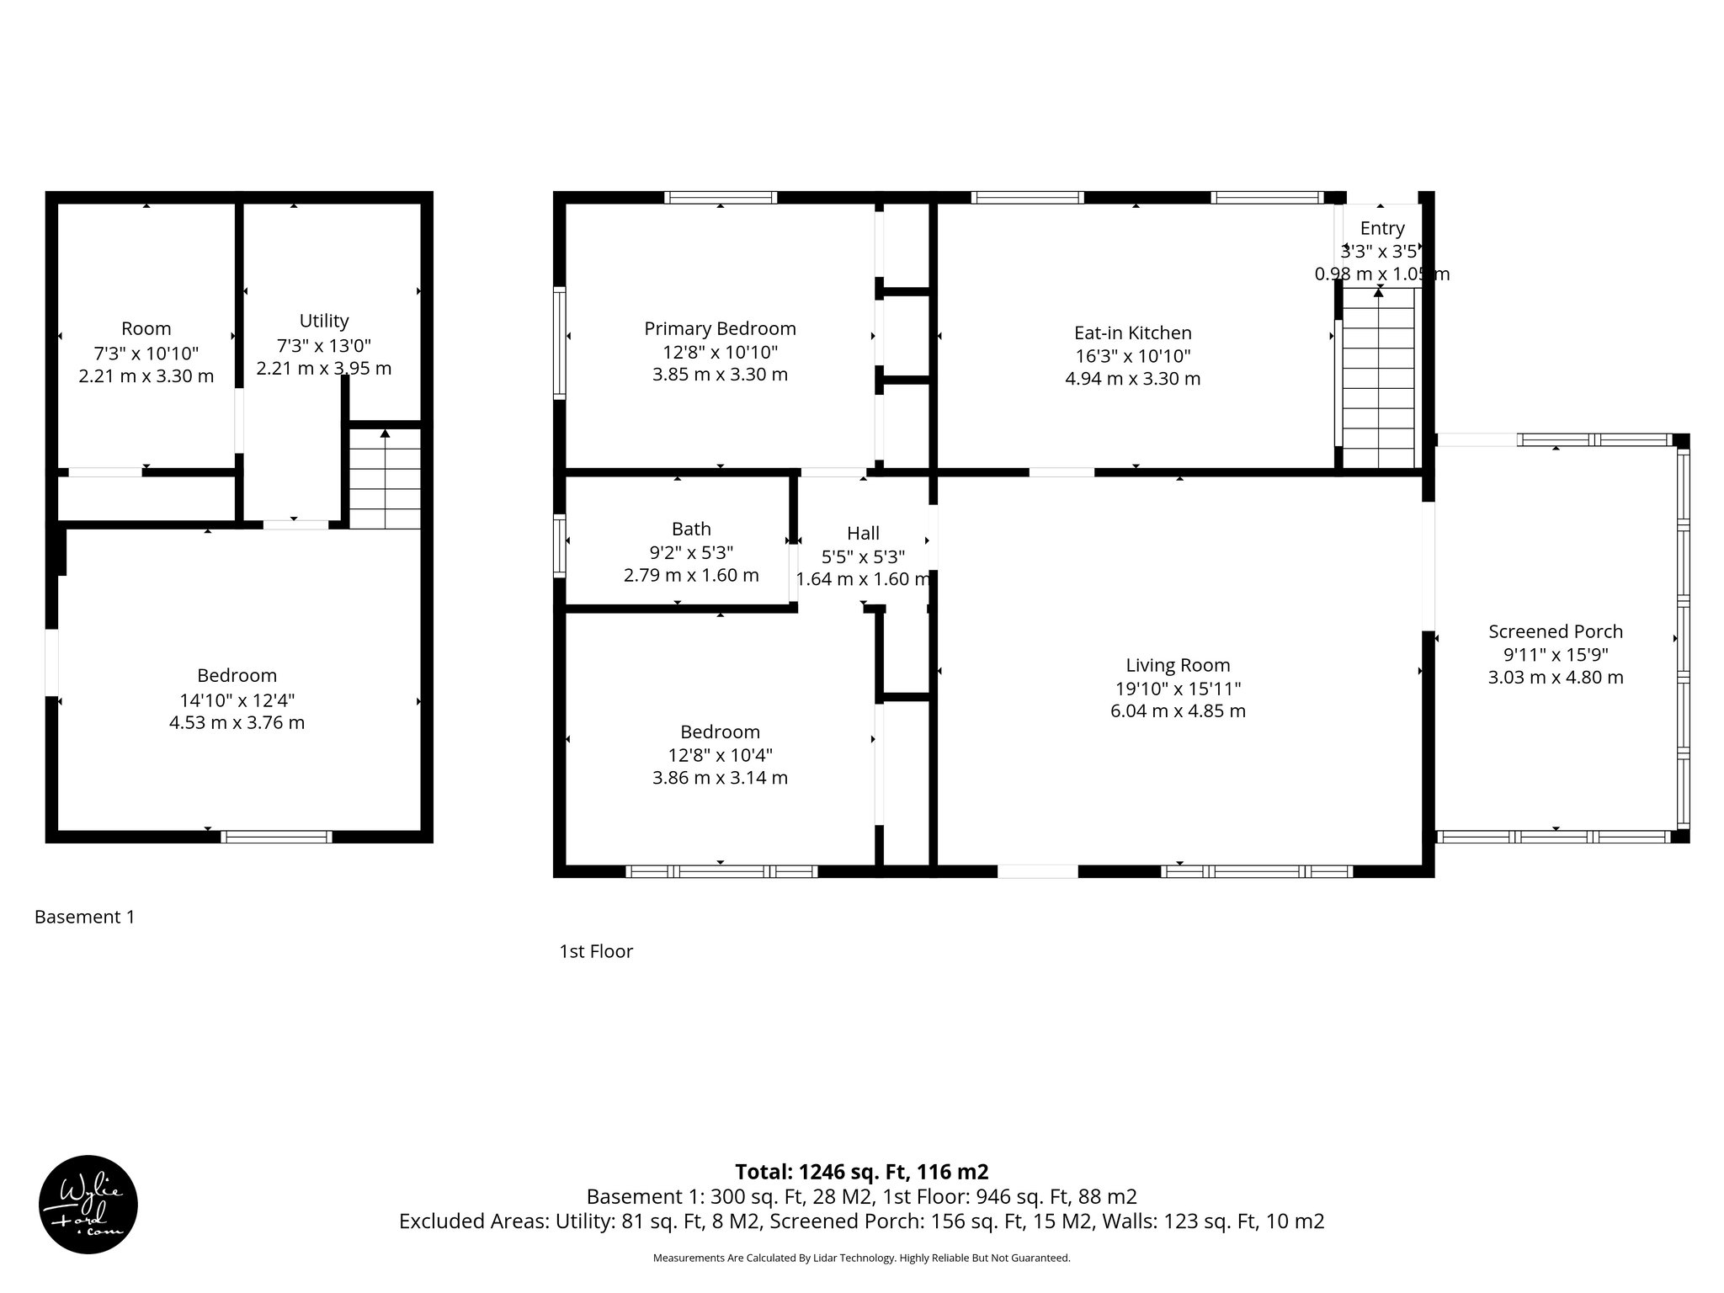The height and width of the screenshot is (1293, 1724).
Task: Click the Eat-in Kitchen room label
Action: coord(1132,333)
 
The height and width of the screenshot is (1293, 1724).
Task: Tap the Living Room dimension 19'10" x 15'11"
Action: coord(1178,689)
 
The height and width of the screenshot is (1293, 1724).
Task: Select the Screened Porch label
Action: coord(1555,631)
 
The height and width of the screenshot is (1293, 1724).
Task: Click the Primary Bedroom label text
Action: coord(720,328)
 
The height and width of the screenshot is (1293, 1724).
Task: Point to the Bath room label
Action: coord(691,529)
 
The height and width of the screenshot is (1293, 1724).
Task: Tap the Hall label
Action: coord(863,533)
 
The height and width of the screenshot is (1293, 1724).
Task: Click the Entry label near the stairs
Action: coord(1381,228)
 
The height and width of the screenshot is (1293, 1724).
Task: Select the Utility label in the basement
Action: coord(324,321)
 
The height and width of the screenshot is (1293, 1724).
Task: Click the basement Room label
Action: coord(146,328)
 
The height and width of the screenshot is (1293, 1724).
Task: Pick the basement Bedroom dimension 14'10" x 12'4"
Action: coord(237,700)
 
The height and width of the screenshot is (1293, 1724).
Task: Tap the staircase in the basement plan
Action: coord(385,479)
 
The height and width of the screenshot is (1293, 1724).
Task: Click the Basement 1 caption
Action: coord(84,917)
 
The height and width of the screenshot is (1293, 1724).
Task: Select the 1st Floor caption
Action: coord(596,951)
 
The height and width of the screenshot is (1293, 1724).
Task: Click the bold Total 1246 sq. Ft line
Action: coord(861,1172)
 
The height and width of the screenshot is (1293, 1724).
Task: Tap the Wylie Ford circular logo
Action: coord(88,1205)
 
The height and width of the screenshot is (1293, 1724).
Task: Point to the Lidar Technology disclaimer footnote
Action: coord(861,1258)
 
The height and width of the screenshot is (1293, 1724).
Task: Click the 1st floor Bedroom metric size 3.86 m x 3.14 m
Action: coord(720,778)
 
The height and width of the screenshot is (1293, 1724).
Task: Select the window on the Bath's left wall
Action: coord(559,545)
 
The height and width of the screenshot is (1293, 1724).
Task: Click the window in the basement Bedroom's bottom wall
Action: coord(276,837)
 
